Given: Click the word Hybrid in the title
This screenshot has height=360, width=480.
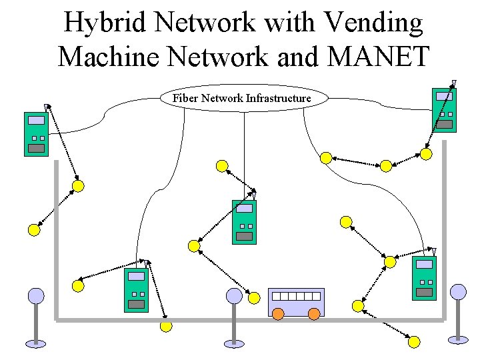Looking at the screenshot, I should click(105, 24).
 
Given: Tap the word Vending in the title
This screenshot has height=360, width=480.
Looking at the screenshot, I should click(378, 24).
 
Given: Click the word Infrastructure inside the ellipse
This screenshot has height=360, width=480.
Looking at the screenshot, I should click(278, 99).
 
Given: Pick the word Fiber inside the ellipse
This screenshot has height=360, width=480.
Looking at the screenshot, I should click(185, 99).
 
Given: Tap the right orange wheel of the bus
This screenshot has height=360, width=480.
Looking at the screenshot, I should click(314, 313).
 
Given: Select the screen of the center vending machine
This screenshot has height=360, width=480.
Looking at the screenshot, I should click(245, 208).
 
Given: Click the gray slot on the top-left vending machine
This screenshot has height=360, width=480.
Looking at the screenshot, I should click(36, 148).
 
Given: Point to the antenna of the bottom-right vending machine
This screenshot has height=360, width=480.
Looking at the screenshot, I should click(433, 251).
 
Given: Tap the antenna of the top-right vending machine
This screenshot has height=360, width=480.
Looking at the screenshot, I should click(454, 83).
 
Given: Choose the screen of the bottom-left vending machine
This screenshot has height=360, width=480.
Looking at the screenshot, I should click(136, 276).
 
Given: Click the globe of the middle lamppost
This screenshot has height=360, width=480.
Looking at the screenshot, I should click(234, 295).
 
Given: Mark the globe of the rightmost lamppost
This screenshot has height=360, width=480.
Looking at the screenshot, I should click(458, 291).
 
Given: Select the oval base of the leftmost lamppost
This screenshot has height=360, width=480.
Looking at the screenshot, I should click(35, 344).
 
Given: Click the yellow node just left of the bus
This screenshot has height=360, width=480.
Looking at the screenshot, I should click(254, 298).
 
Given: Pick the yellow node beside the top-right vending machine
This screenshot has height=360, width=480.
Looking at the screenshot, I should click(425, 154).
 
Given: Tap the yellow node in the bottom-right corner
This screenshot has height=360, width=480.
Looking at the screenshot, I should click(414, 341).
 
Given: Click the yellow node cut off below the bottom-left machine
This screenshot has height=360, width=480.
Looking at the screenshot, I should click(166, 325).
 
